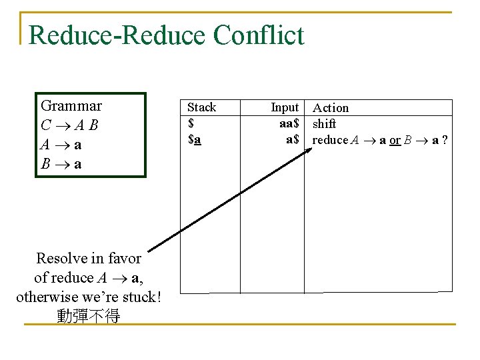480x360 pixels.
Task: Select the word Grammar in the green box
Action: click(x=71, y=106)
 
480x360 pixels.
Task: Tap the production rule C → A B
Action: click(x=69, y=125)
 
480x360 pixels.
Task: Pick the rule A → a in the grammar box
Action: click(x=61, y=144)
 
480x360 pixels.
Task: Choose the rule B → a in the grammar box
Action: click(x=61, y=163)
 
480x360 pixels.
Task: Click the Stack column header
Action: click(x=201, y=107)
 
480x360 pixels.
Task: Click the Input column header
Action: click(x=285, y=107)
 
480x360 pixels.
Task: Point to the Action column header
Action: click(x=331, y=108)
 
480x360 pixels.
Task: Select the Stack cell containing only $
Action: click(x=191, y=123)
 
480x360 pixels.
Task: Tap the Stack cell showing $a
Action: click(x=195, y=140)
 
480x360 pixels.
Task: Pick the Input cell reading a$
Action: click(x=292, y=140)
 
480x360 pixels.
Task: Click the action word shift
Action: click(x=325, y=124)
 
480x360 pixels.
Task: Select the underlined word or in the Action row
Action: click(x=395, y=140)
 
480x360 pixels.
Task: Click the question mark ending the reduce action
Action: click(x=444, y=140)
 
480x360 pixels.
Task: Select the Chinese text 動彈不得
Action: click(x=89, y=315)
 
